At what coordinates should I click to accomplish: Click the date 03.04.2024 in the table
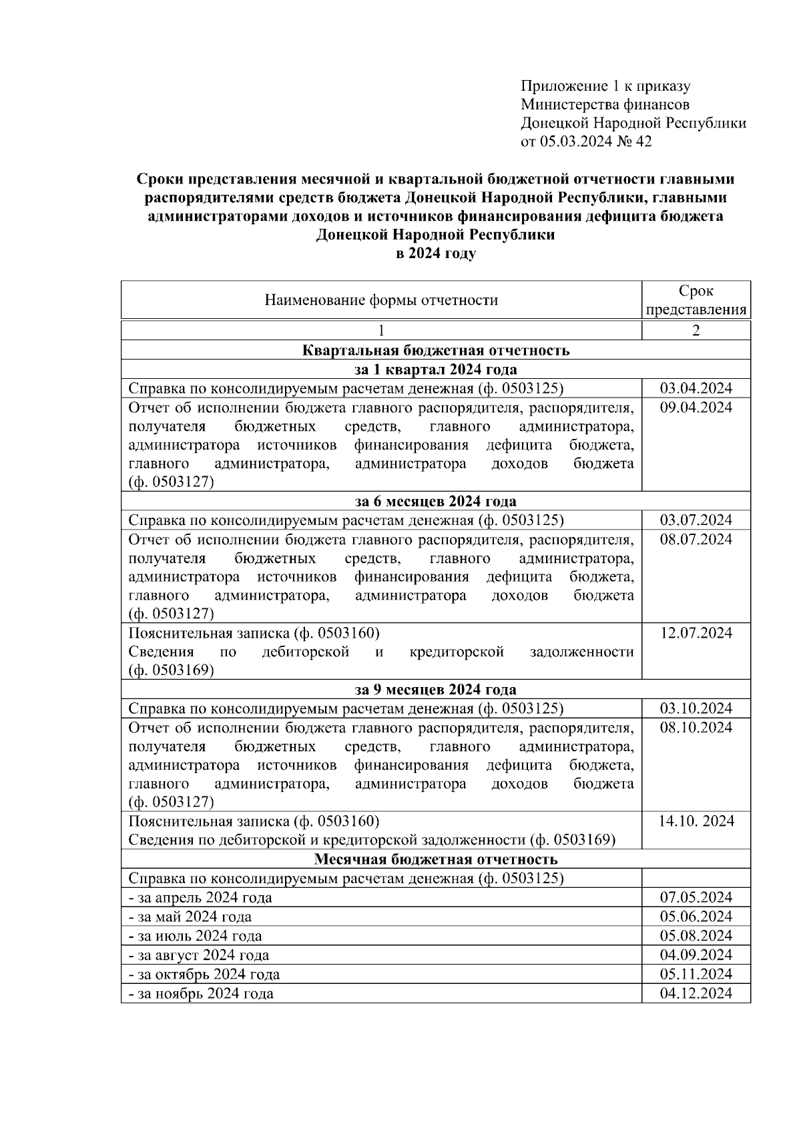click(696, 388)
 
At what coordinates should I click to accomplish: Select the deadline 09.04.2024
click(696, 408)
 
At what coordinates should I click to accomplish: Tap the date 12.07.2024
click(696, 633)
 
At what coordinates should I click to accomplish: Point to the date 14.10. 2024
click(696, 821)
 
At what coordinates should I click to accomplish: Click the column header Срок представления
click(696, 300)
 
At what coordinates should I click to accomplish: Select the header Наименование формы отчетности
click(381, 300)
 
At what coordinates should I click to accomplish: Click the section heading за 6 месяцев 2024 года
click(435, 501)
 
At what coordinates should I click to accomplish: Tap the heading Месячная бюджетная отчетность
click(435, 859)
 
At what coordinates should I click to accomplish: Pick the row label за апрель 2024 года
click(200, 897)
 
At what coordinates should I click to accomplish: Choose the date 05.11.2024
click(696, 974)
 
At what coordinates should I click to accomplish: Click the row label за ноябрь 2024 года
click(201, 993)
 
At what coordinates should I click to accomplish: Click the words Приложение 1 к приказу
click(605, 85)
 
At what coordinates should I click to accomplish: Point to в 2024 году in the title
click(435, 253)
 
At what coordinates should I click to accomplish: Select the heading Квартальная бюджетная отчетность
click(435, 350)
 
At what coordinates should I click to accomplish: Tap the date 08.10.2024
click(696, 727)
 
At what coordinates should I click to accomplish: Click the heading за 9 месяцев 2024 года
click(435, 689)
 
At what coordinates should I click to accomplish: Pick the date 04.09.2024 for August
click(696, 955)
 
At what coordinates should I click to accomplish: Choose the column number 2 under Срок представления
click(696, 331)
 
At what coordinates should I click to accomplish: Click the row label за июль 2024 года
click(195, 936)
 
